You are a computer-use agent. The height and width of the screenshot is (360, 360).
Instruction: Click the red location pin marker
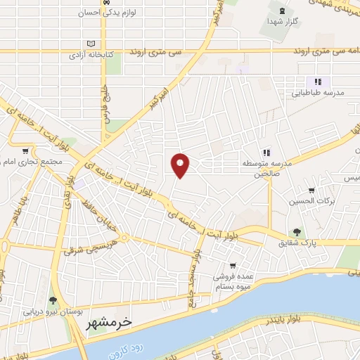(x=181, y=165)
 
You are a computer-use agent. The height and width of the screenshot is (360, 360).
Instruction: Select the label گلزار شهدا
(x=281, y=22)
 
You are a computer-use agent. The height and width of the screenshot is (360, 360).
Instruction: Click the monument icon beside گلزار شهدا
(x=282, y=11)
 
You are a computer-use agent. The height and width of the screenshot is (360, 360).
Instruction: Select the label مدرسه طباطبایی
(x=319, y=92)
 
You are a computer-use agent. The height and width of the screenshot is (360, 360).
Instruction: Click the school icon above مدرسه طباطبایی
(x=317, y=81)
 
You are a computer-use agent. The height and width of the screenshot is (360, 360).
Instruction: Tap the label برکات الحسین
(x=307, y=202)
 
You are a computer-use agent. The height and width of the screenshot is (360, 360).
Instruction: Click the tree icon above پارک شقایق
(x=297, y=231)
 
